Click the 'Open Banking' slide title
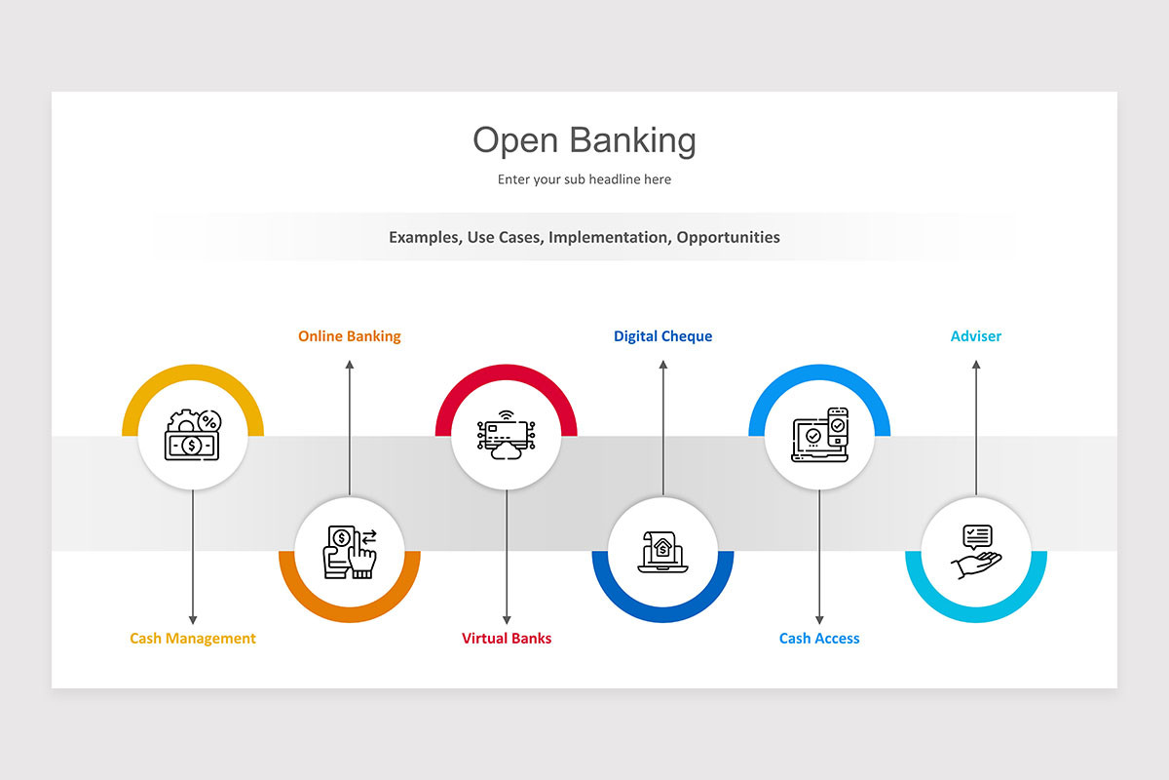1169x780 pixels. coord(584,140)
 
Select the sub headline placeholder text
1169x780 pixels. coord(584,179)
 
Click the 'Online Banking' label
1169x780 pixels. coord(350,336)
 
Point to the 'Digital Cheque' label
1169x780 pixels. coord(662,336)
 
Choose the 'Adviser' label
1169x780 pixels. coord(976,336)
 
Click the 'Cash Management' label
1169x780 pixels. coord(193,639)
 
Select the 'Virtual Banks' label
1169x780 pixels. coord(507,639)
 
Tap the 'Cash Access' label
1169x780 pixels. coord(819,639)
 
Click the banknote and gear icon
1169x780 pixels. coord(193,436)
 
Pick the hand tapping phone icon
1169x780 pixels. coord(350,553)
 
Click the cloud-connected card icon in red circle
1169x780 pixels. coord(507,436)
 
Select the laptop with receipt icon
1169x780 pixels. coord(662,553)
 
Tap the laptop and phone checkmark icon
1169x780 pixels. coord(819,436)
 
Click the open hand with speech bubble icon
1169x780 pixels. coord(976,553)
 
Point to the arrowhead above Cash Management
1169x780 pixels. coord(193,619)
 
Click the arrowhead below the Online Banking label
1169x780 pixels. coord(350,366)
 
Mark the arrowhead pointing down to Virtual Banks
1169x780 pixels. coord(507,619)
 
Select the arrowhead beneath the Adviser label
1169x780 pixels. coord(976,366)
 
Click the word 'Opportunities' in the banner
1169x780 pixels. coord(729,237)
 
